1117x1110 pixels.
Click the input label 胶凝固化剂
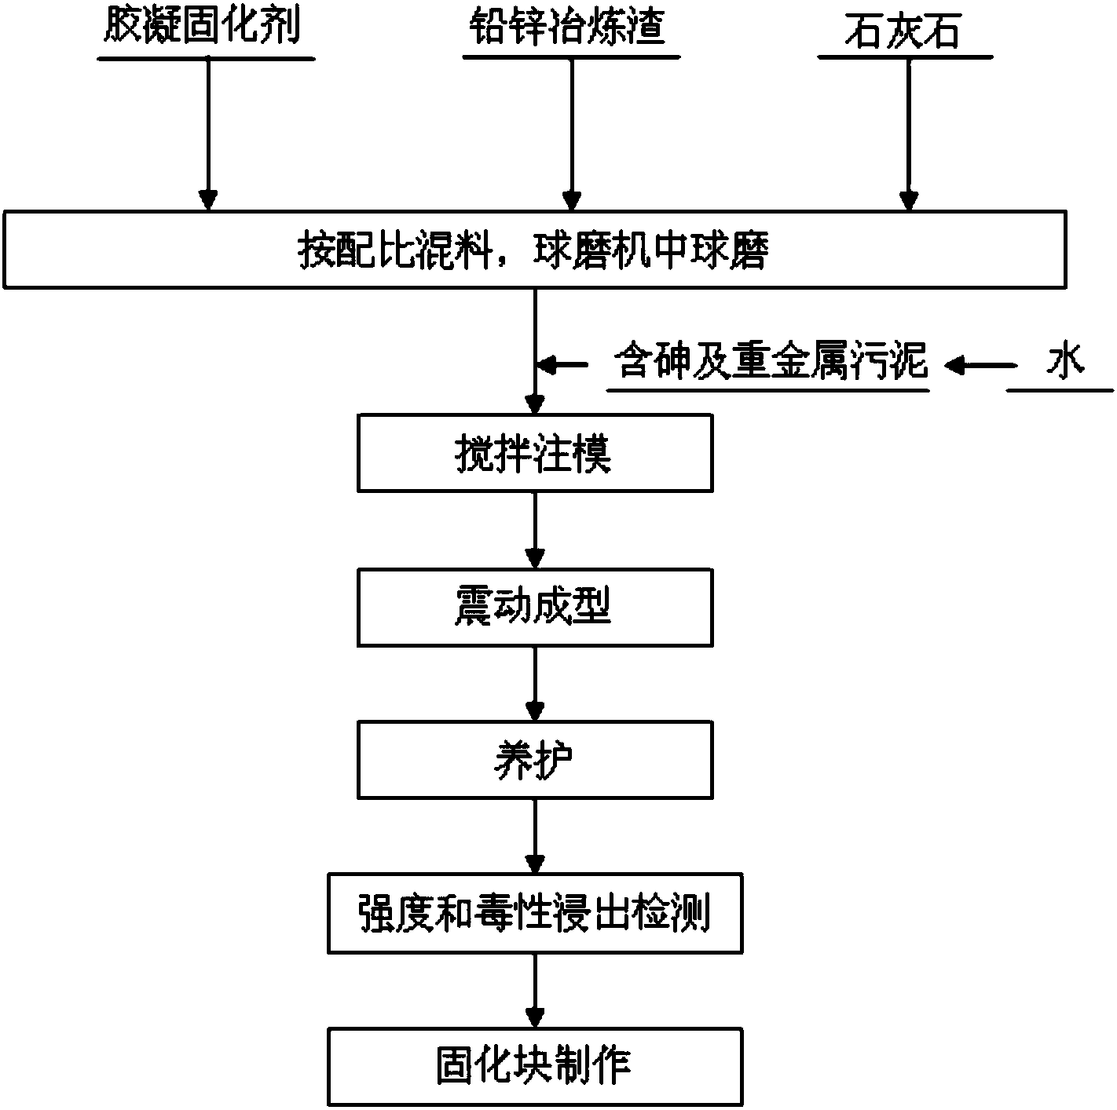click(x=202, y=27)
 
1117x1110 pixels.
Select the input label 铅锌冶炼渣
click(x=567, y=27)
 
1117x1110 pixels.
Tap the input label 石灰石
click(x=903, y=30)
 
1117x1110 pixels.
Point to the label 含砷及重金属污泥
click(x=771, y=361)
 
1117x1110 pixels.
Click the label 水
click(x=1065, y=361)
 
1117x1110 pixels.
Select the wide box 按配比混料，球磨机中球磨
click(x=534, y=250)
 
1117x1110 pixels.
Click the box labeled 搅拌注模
click(x=535, y=453)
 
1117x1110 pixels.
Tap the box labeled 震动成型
click(x=535, y=607)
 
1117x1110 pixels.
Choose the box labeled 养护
click(x=535, y=760)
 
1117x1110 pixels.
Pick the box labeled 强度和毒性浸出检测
click(x=535, y=914)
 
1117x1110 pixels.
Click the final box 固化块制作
click(x=535, y=1067)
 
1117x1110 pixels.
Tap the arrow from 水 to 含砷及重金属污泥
click(x=980, y=366)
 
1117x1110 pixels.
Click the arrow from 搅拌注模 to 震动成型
click(x=535, y=530)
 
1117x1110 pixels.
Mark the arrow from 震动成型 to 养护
click(x=535, y=684)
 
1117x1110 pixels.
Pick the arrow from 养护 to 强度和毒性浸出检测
click(x=535, y=837)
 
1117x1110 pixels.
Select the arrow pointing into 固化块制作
click(x=535, y=991)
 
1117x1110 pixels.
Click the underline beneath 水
click(x=1060, y=391)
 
